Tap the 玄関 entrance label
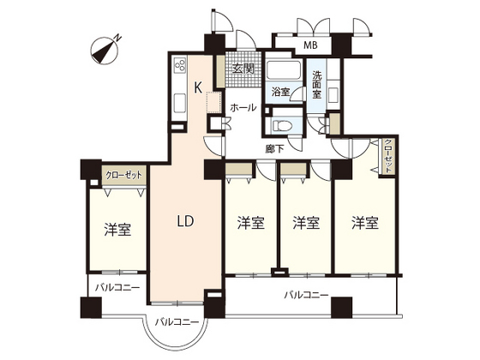tap(243, 69)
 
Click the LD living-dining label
tap(185, 221)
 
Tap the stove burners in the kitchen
tap(182, 67)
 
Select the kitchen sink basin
tap(181, 101)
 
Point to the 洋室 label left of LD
tap(117, 229)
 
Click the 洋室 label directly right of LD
tap(249, 223)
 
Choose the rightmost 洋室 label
tap(364, 223)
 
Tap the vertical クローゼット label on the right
tap(388, 157)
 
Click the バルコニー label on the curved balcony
tap(177, 322)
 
